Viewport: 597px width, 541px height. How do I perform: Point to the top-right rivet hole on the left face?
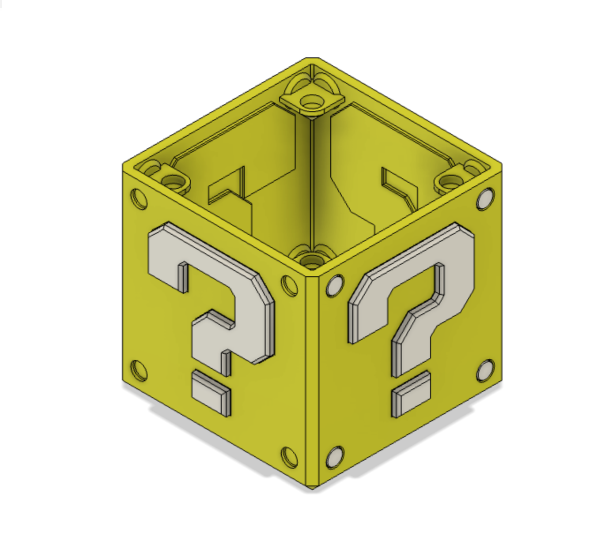coord(290,285)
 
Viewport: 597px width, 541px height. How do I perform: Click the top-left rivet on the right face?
coord(335,285)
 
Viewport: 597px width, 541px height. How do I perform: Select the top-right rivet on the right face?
coord(485,199)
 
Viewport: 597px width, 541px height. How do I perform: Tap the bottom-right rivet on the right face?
coord(485,371)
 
